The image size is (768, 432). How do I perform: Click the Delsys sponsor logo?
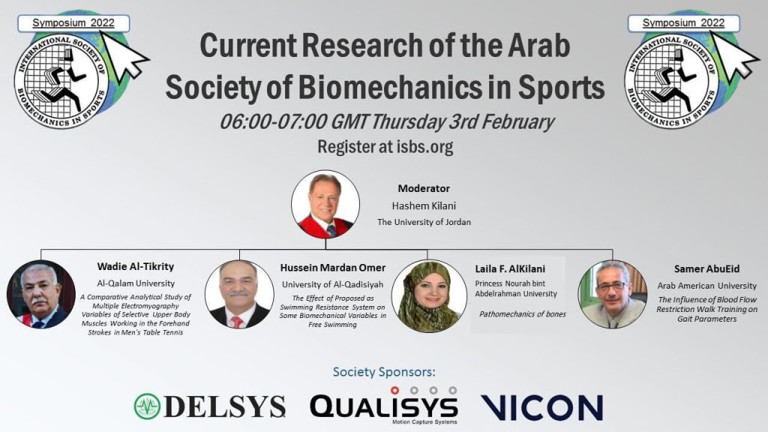[x=210, y=406]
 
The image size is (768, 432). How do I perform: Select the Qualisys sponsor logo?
[x=384, y=406]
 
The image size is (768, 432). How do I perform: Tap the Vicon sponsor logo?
[x=541, y=407]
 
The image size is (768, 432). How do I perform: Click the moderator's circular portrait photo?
[x=325, y=204]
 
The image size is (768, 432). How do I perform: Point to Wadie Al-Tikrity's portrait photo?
[x=41, y=294]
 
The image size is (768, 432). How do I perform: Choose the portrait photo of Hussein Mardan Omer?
[x=239, y=294]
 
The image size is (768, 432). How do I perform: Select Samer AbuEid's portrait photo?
[x=612, y=294]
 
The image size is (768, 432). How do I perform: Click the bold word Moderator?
[x=424, y=188]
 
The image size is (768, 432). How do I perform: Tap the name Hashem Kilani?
[x=424, y=205]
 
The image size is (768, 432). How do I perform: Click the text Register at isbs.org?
[x=385, y=146]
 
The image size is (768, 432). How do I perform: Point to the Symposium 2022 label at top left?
[x=73, y=23]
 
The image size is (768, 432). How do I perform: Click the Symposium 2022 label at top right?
[x=683, y=23]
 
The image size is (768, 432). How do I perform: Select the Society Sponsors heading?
[x=384, y=372]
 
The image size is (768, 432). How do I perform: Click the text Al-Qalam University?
[x=136, y=283]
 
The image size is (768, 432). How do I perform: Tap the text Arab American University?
[x=706, y=286]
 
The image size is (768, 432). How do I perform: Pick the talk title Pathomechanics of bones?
[x=522, y=314]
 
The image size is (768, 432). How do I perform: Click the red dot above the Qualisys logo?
[x=394, y=390]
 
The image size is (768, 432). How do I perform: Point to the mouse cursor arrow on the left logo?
[x=126, y=55]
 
